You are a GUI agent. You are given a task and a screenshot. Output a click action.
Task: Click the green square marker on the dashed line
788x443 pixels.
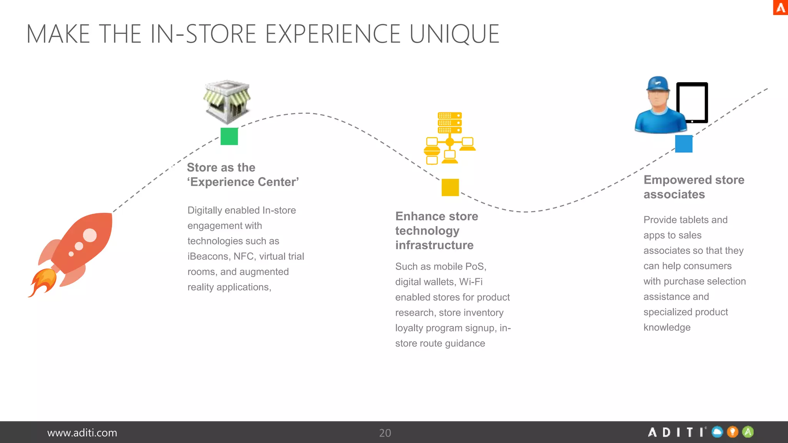[229, 136]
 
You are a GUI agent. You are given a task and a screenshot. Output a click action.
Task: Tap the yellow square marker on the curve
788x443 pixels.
[450, 187]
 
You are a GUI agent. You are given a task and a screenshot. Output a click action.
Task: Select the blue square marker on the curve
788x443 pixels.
[684, 144]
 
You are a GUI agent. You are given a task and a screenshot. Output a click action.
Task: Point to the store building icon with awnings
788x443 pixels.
[227, 102]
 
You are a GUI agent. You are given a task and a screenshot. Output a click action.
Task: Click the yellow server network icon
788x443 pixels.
[449, 138]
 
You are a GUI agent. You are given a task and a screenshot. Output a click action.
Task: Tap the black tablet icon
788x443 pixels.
[692, 103]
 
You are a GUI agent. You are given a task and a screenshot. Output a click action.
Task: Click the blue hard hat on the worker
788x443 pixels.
[658, 83]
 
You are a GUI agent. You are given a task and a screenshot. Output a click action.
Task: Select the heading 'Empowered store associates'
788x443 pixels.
[694, 187]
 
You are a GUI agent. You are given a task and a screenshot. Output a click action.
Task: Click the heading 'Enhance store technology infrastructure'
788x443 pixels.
[437, 231]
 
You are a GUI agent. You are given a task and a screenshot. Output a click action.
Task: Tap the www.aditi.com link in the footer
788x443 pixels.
[82, 433]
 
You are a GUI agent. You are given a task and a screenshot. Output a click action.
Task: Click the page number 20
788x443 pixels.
[385, 433]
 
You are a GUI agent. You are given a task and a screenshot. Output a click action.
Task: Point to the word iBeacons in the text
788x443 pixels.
[208, 256]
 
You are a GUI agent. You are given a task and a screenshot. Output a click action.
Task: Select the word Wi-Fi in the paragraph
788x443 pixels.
[471, 282]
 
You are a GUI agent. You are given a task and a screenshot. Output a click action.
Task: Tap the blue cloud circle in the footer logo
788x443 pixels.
[717, 432]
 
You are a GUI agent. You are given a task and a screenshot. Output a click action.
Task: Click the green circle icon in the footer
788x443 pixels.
[748, 432]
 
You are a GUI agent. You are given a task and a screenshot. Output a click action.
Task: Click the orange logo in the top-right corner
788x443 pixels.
[780, 7]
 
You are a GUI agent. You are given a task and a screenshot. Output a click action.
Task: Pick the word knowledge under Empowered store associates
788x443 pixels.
[667, 328]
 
